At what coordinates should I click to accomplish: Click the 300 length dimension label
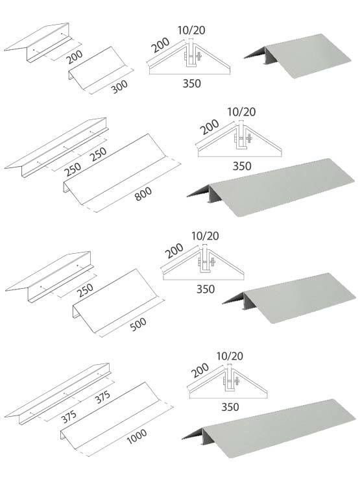pyautogui.click(x=119, y=86)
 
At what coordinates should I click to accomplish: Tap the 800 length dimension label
pyautogui.click(x=143, y=193)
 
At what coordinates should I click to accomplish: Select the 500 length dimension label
pyautogui.click(x=138, y=324)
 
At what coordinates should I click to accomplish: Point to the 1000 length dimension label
pyautogui.click(x=137, y=436)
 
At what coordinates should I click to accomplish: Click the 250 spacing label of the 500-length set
pyautogui.click(x=85, y=290)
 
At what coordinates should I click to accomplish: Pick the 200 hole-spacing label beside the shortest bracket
pyautogui.click(x=75, y=56)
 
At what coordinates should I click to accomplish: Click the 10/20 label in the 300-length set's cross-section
pyautogui.click(x=191, y=30)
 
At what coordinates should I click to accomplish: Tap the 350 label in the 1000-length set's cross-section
pyautogui.click(x=230, y=407)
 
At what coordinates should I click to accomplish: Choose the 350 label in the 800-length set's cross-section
pyautogui.click(x=242, y=166)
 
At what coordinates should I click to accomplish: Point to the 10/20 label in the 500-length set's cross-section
pyautogui.click(x=205, y=236)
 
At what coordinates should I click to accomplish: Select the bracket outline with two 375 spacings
pyautogui.click(x=57, y=394)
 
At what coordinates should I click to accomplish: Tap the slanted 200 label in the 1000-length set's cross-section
pyautogui.click(x=200, y=370)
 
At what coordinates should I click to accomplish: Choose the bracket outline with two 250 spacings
pyautogui.click(x=56, y=147)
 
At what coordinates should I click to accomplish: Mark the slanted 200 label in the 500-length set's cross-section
pyautogui.click(x=174, y=250)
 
